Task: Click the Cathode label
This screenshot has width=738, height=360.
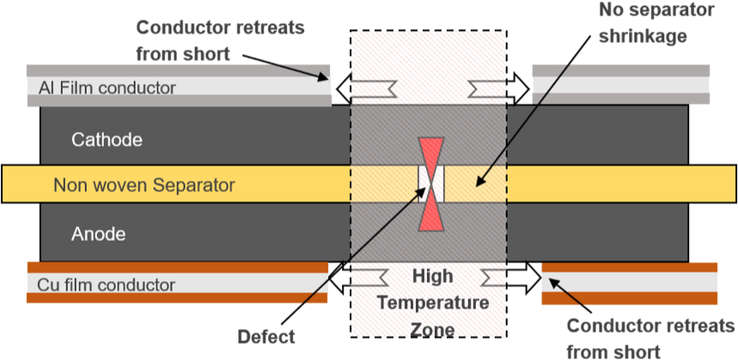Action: point(107,138)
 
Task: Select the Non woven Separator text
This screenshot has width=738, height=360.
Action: point(143,185)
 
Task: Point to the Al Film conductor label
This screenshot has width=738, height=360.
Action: point(107,88)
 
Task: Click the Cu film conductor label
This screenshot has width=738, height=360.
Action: point(107,285)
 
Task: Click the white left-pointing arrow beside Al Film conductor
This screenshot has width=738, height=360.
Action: point(365,87)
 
